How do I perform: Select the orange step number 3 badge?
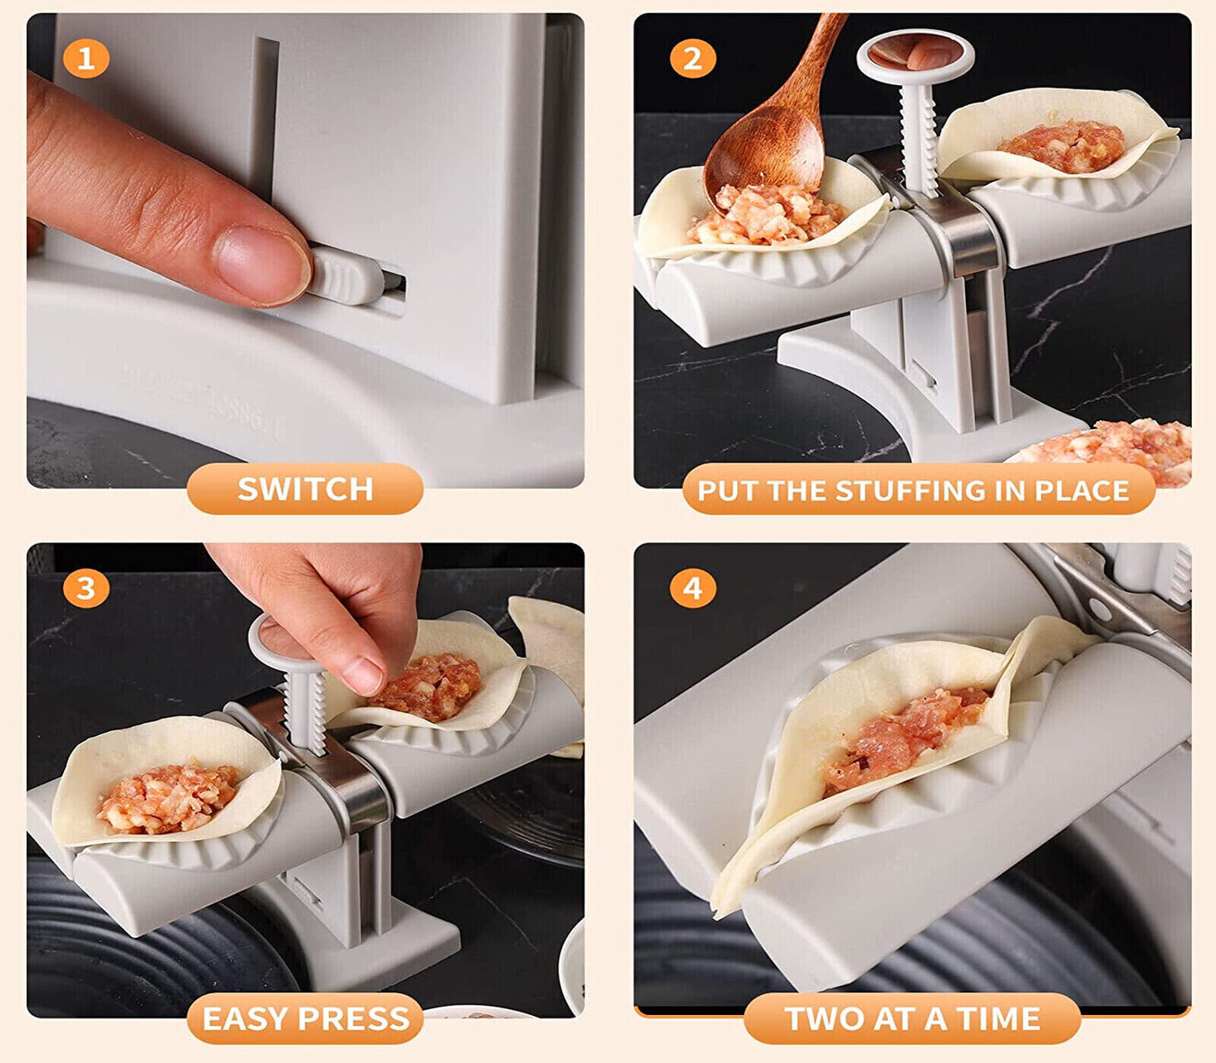point(86,588)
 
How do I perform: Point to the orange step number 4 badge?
point(693,588)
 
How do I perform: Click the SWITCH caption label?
point(305,489)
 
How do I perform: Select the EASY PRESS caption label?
point(305,1018)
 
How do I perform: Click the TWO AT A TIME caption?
point(912,1018)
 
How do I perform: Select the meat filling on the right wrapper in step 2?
point(1064,145)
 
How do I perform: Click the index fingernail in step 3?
point(364,674)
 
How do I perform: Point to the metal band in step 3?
point(353,782)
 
